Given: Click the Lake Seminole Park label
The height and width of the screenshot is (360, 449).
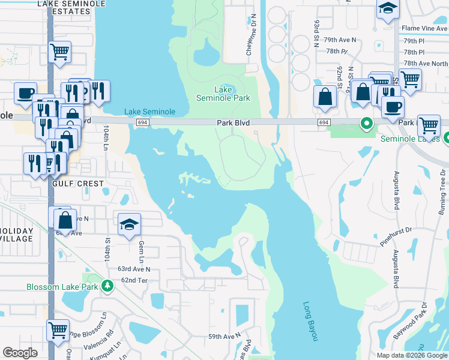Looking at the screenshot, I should pos(223,94).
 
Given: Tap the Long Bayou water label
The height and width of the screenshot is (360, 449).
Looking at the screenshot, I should pos(310,321).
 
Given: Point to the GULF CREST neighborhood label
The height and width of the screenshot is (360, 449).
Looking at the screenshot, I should pos(79,183).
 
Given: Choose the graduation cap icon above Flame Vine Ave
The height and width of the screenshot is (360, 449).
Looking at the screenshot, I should pos(388,9).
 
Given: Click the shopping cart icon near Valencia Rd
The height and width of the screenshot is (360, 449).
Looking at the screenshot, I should pos(58,329).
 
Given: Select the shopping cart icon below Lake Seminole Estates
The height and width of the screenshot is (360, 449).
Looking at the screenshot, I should pos(60,52).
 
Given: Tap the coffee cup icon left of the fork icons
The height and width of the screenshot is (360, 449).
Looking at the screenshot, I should pos(26,93).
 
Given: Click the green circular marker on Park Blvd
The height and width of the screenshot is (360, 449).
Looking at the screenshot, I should pos(366,124).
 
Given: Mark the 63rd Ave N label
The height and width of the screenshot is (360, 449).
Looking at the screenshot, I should pos(134,269).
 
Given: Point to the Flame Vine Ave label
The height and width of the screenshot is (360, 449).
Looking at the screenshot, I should pos(424,28).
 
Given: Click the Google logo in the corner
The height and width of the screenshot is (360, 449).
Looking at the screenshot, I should pos(20,353).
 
